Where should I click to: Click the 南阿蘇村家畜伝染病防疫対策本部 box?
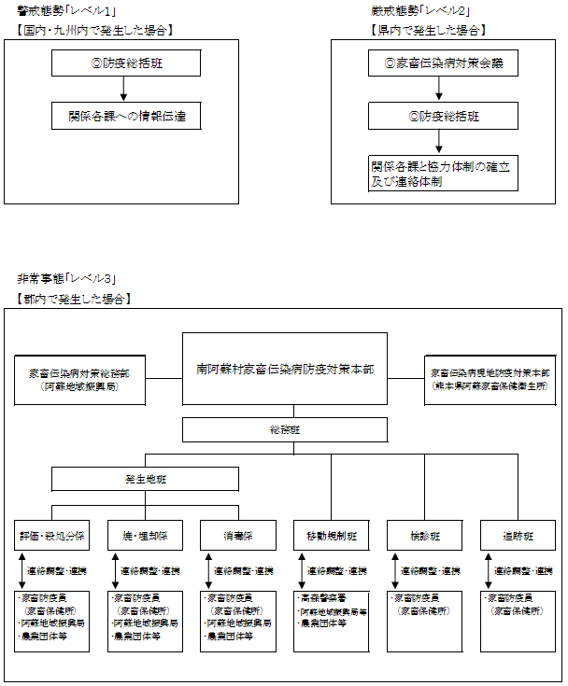[284, 369]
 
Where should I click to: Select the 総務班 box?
[284, 429]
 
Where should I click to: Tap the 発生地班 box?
[144, 479]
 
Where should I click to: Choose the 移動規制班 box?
[331, 536]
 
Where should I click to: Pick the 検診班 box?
[424, 536]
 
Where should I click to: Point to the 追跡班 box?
[518, 536]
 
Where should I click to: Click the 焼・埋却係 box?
[145, 536]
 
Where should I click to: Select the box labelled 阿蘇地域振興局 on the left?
[79, 379]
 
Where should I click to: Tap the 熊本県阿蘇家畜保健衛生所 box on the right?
[490, 379]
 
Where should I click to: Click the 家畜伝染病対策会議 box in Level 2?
[443, 63]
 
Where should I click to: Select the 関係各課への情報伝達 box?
[125, 117]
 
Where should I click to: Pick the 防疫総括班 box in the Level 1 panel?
[125, 63]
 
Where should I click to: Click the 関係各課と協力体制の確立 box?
[443, 174]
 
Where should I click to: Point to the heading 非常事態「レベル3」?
[65, 278]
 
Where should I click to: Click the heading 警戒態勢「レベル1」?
[65, 10]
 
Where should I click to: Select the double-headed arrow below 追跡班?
[488, 570]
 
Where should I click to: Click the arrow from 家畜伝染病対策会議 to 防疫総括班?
[438, 90]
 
